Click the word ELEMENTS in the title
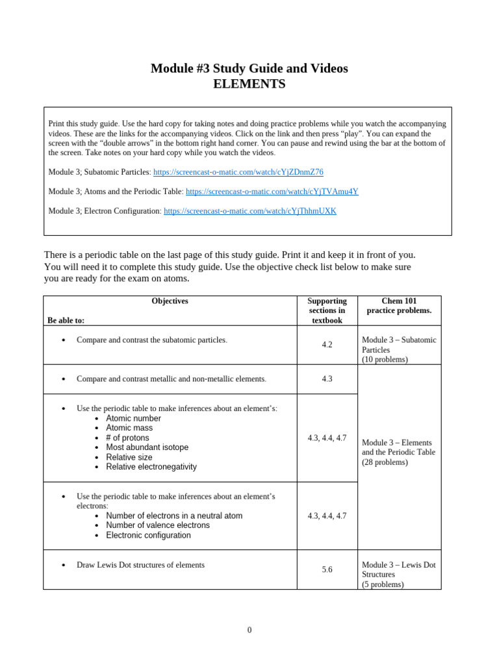pyautogui.click(x=249, y=84)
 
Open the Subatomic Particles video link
pyautogui.click(x=238, y=172)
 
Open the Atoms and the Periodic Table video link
pyautogui.click(x=272, y=192)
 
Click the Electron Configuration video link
pyautogui.click(x=249, y=211)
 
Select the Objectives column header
pyautogui.click(x=170, y=301)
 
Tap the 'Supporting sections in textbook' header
pyautogui.click(x=327, y=310)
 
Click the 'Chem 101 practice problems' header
pyautogui.click(x=399, y=306)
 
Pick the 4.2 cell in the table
pyautogui.click(x=327, y=345)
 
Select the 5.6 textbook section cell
pyautogui.click(x=327, y=570)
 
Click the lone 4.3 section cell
pyautogui.click(x=327, y=379)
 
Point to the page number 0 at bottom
pyautogui.click(x=249, y=630)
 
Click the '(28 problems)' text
pyautogui.click(x=385, y=462)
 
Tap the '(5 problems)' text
pyautogui.click(x=383, y=584)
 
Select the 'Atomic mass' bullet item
pyautogui.click(x=129, y=428)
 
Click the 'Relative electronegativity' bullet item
pyautogui.click(x=151, y=467)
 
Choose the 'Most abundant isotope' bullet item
pyautogui.click(x=147, y=447)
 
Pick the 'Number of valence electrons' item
pyautogui.click(x=158, y=525)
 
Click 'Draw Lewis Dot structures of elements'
pyautogui.click(x=140, y=565)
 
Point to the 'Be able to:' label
pyautogui.click(x=66, y=320)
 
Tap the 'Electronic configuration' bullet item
pyautogui.click(x=148, y=535)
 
